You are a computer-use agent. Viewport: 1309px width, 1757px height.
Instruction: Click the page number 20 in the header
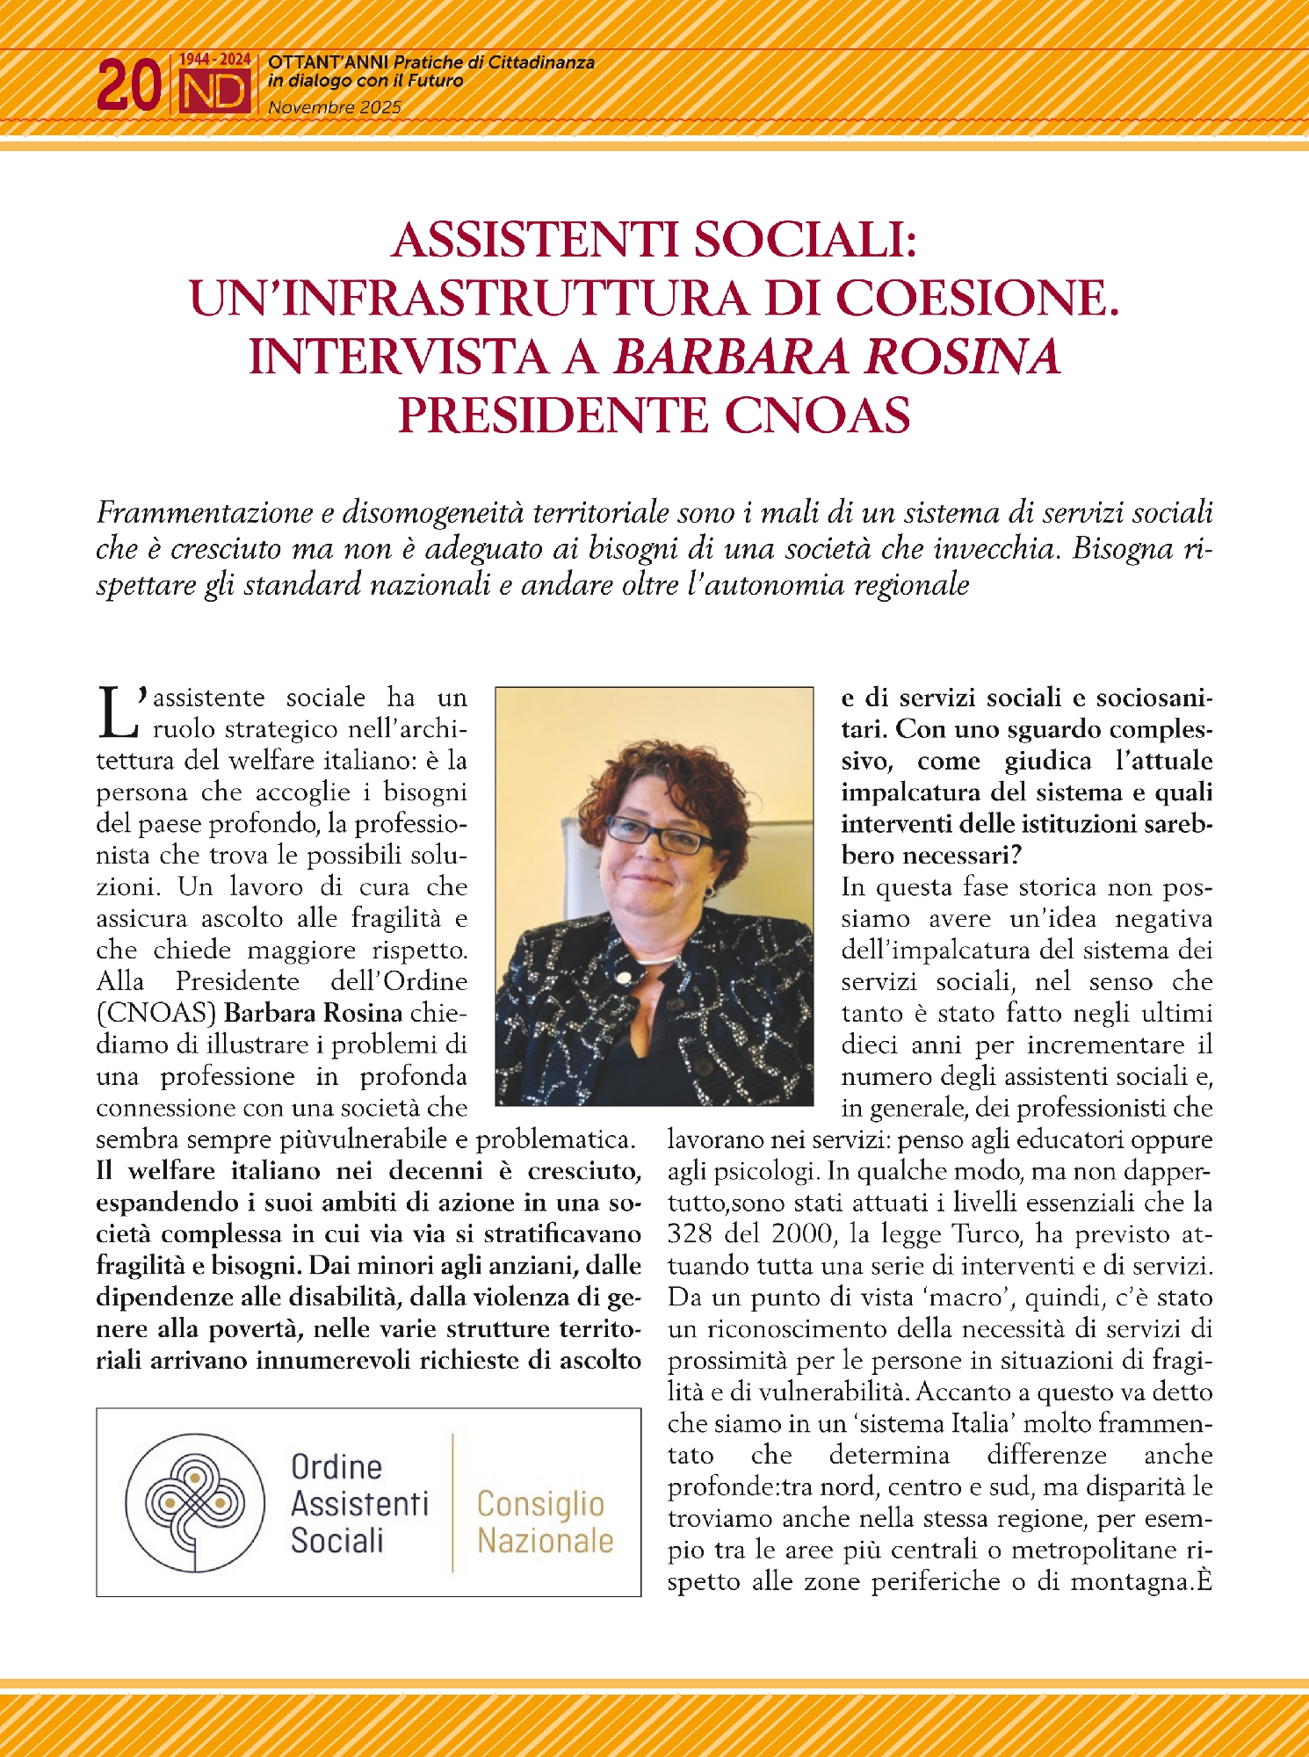[128, 86]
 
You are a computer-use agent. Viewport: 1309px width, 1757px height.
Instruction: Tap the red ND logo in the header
[215, 91]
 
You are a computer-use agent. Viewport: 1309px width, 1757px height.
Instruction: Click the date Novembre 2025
[335, 108]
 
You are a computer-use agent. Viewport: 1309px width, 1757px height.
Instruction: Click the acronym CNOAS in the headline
[818, 416]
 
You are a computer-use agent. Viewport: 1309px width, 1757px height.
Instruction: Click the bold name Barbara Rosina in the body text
[313, 1013]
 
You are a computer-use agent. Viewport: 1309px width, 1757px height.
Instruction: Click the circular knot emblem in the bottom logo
[195, 1502]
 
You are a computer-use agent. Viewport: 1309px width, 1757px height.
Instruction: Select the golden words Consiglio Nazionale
[545, 1522]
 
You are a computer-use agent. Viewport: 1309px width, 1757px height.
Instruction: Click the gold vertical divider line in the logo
[452, 1502]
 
